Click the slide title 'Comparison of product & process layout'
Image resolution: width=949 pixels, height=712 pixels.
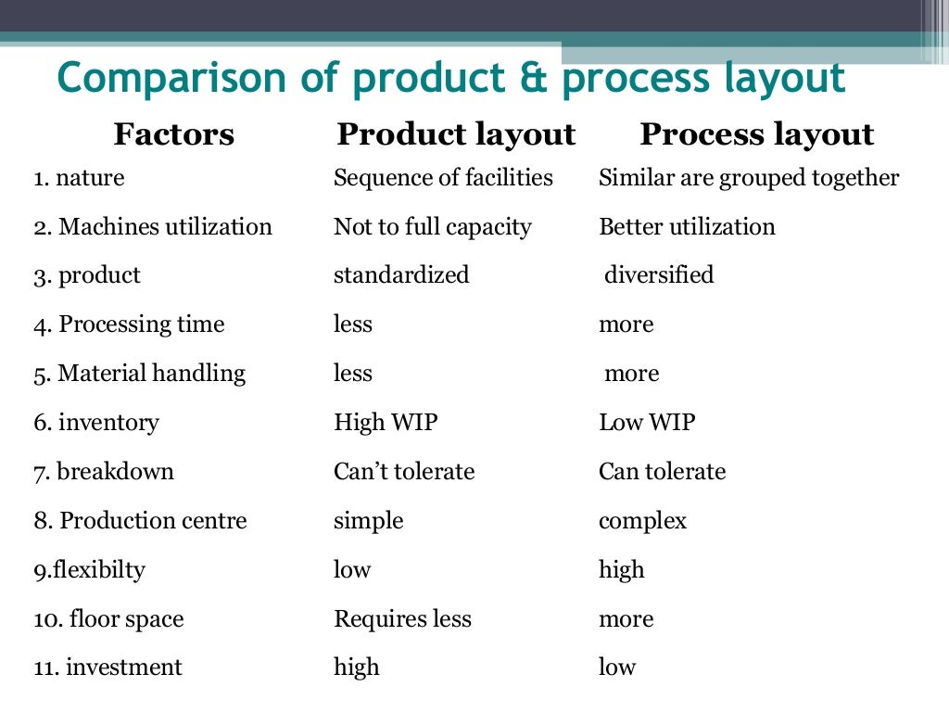pos(451,79)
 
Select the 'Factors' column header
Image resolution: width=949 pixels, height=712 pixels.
pos(173,135)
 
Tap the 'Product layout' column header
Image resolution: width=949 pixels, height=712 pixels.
pos(456,135)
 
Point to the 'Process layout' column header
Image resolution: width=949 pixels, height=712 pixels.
pos(756,135)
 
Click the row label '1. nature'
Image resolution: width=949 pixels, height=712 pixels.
pos(79,178)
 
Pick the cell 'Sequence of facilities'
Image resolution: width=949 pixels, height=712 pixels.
pos(443,178)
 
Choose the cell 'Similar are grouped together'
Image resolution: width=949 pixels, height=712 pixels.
pos(749,178)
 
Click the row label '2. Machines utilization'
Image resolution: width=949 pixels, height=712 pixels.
pos(153,227)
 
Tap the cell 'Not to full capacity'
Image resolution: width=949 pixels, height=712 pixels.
pos(433,227)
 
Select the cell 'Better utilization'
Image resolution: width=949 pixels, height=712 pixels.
pos(687,227)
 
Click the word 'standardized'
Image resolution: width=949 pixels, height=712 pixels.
pos(401,275)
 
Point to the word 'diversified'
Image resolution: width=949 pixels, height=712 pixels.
pos(659,275)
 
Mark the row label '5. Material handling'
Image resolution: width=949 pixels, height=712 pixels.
pos(140,374)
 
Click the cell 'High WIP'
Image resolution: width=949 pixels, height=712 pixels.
pos(386,423)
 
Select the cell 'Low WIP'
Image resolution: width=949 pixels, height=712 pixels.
pos(647,423)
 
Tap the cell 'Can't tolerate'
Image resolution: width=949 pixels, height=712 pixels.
pos(404,472)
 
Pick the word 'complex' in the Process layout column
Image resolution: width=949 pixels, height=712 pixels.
pos(642,521)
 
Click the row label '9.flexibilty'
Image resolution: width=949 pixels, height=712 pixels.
pos(90,570)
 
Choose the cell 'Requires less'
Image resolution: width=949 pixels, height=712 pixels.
pos(402,618)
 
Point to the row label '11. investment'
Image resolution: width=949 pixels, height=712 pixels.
pos(108,667)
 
